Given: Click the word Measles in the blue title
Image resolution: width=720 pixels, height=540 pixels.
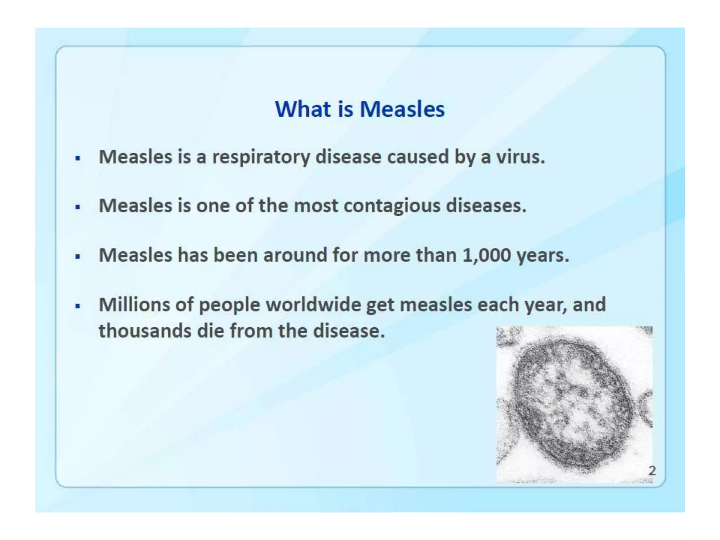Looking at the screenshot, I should (402, 109).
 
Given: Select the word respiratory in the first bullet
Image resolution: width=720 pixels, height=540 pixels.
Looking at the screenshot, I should (261, 157).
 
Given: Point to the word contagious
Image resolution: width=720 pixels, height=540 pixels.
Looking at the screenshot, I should (392, 206).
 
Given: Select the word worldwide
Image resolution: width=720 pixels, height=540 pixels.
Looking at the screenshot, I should (313, 304).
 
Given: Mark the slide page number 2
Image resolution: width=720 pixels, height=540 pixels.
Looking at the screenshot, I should (652, 470).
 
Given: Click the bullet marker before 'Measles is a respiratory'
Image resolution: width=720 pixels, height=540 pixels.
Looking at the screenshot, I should (78, 158).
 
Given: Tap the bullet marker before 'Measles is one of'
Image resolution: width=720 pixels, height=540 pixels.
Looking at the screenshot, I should (78, 207).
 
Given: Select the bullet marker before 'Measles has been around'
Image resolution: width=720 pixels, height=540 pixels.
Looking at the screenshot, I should (78, 256).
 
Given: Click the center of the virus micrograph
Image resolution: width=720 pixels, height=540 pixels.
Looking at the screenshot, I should (574, 404).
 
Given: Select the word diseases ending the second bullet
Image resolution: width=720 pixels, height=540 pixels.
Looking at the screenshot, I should (486, 206).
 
